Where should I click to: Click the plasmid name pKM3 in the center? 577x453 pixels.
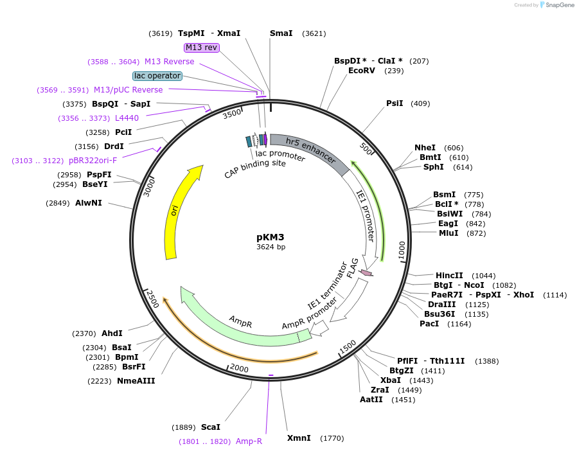(x=270, y=237)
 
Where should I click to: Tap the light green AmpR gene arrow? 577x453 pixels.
(x=238, y=319)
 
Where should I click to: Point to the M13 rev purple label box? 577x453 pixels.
(x=202, y=48)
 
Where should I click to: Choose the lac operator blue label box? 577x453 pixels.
(x=157, y=76)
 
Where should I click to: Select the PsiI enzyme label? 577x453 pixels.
(x=395, y=103)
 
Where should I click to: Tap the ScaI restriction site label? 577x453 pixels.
(x=211, y=427)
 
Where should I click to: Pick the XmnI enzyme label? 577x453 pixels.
(x=298, y=438)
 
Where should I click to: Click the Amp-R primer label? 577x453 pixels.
(x=249, y=441)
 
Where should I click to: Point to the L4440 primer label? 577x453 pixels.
(x=127, y=118)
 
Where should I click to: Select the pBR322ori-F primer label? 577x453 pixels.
(x=93, y=161)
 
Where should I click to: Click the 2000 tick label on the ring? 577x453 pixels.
(x=239, y=368)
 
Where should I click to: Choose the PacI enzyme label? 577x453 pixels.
(x=429, y=324)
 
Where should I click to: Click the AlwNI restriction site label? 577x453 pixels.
(x=88, y=203)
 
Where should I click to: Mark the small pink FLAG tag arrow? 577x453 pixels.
(x=366, y=273)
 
